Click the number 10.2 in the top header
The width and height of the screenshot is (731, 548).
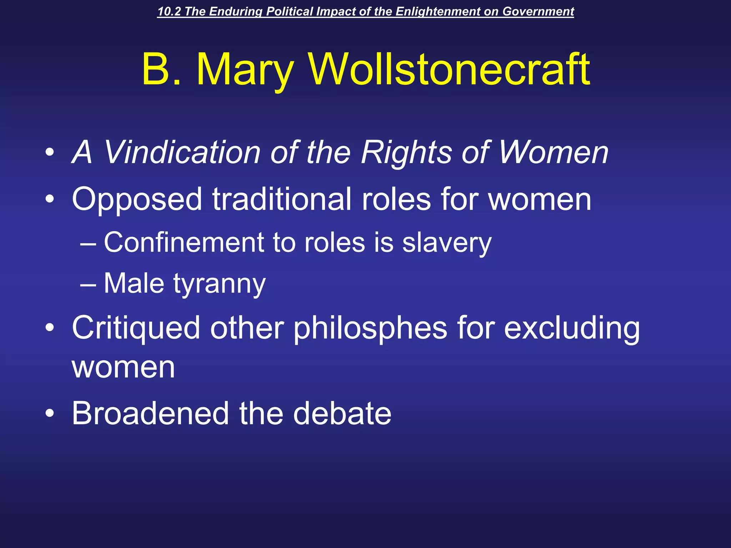(169, 11)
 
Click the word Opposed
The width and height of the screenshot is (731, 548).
(137, 200)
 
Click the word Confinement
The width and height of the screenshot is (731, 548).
(184, 243)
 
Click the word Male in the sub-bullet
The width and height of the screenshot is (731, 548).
(134, 283)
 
